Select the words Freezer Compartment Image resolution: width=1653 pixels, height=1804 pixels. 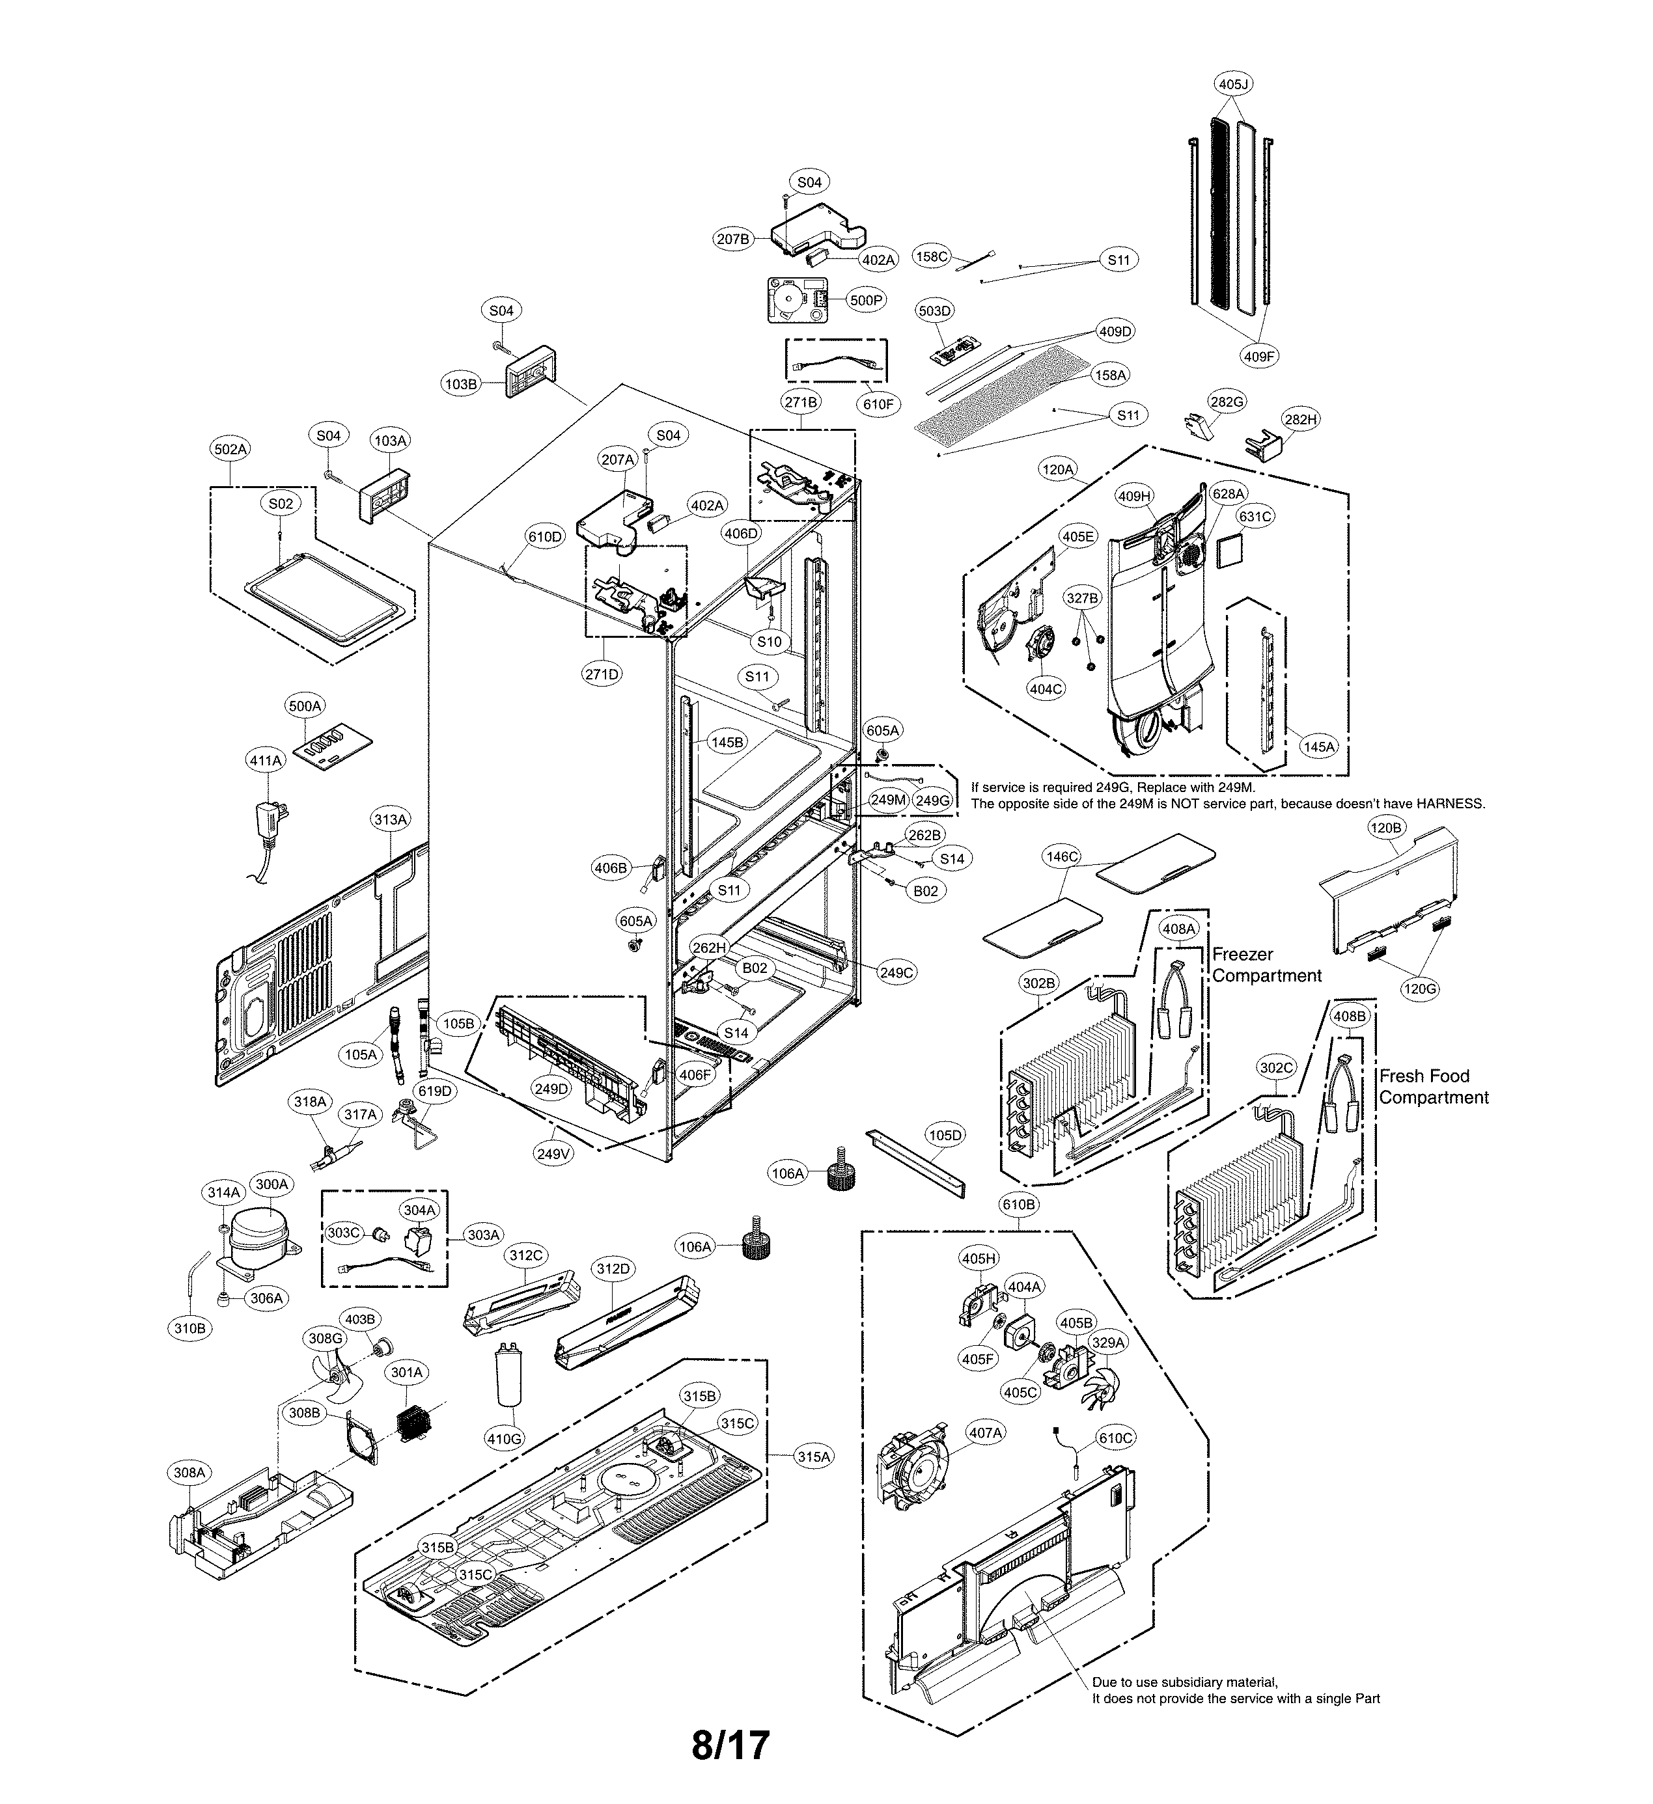tap(1266, 964)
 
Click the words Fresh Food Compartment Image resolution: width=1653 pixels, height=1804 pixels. tap(1433, 1086)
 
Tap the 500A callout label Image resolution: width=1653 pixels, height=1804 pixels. tap(304, 706)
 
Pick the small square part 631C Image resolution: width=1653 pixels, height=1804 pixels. tap(1230, 551)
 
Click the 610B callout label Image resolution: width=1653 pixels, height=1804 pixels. tap(1018, 1205)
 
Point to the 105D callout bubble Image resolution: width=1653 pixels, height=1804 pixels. tap(944, 1136)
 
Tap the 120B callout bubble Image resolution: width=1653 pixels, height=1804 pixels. tap(1385, 828)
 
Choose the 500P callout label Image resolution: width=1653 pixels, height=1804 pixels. tap(865, 301)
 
